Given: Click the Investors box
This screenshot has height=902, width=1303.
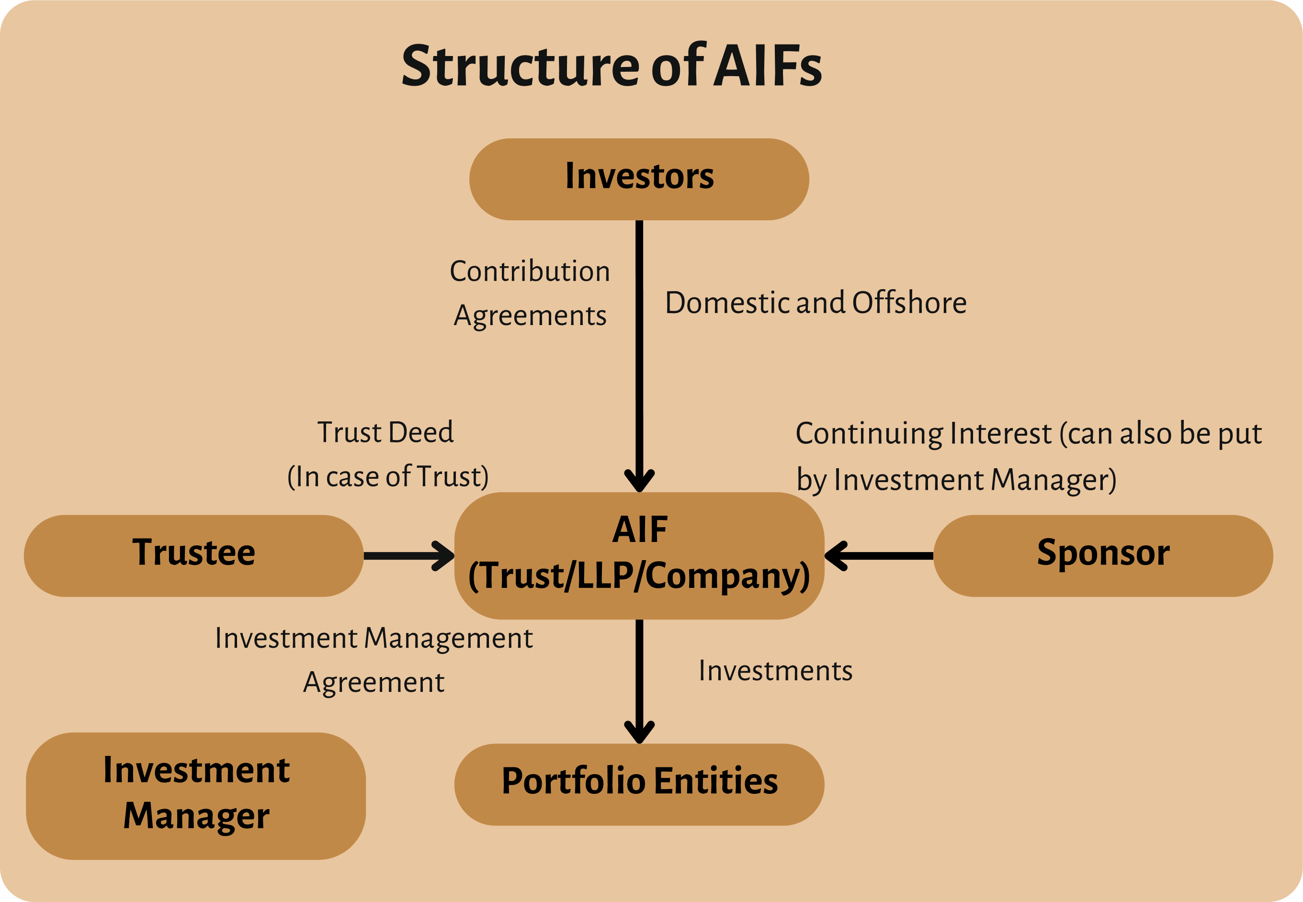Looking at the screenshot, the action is point(639,179).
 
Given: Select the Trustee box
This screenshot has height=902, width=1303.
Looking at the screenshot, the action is point(193,555).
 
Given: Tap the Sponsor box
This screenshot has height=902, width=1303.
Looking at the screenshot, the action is point(1103,555).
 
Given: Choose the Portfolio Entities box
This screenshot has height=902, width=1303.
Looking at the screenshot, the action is point(639,784).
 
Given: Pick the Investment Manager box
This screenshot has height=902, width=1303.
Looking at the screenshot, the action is point(195,796).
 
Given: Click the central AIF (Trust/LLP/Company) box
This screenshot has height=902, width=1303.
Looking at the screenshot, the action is point(639,555).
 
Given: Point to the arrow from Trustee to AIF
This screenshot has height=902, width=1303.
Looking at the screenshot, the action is point(408,555).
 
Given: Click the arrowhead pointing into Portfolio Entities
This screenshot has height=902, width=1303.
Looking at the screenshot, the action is point(639,733).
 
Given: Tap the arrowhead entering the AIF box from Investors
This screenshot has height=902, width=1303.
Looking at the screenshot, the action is point(639,481).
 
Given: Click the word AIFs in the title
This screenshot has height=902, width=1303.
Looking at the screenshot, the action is point(768,66).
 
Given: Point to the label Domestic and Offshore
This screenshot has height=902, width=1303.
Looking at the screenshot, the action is point(816,303).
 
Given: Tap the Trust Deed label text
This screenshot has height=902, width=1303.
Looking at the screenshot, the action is point(385,432).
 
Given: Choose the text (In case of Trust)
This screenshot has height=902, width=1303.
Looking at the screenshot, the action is point(388,476).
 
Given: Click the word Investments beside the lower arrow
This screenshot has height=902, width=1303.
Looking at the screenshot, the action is point(776,670).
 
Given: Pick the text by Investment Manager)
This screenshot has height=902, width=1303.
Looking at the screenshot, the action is point(956,480).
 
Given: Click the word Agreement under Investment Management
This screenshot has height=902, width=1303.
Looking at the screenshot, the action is point(374,683).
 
